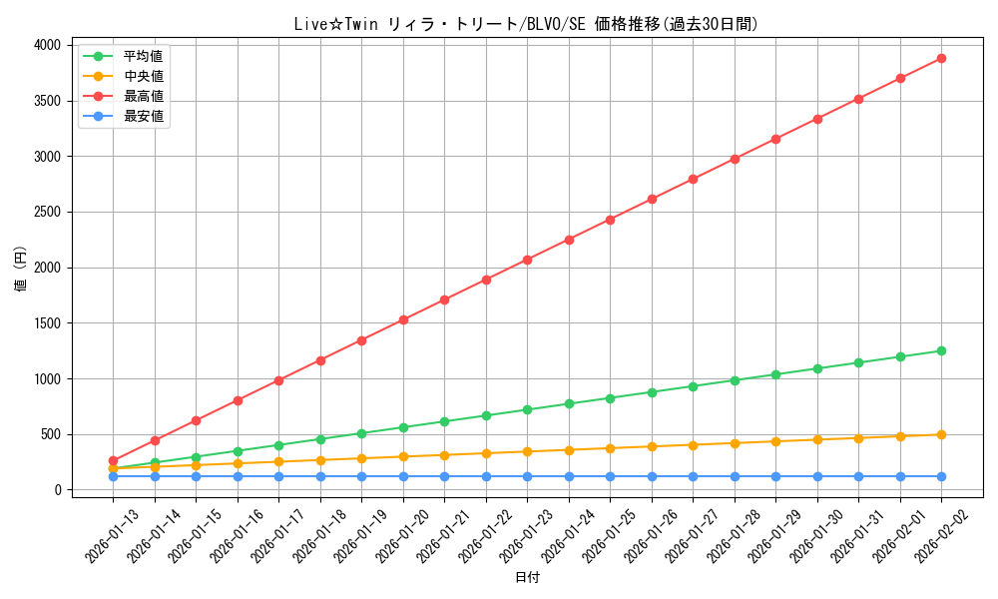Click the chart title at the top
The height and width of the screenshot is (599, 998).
[x=526, y=24]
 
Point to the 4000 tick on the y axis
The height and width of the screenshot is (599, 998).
[x=48, y=45]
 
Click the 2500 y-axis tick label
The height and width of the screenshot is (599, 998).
[x=48, y=212]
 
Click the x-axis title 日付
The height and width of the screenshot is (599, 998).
[x=526, y=578]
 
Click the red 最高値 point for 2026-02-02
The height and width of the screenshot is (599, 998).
[x=941, y=58]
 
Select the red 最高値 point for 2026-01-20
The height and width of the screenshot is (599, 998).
[x=403, y=319]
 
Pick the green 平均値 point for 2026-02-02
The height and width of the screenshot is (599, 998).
[x=941, y=350]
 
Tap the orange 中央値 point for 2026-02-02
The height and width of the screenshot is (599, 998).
[x=941, y=434]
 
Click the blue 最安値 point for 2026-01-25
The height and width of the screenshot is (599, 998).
[x=610, y=476]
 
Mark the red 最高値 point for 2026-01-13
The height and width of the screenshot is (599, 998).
[x=113, y=460]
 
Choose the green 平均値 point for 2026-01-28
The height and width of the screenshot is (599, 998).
[x=735, y=380]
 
